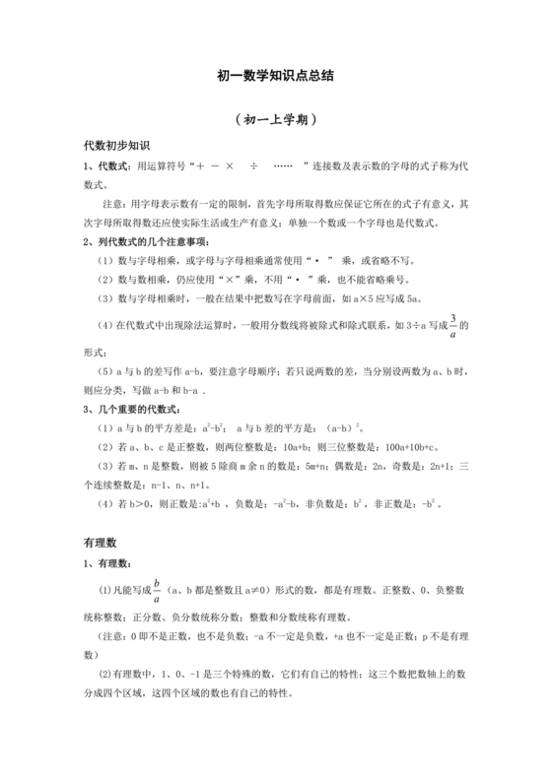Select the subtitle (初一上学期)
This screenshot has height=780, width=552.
(x=275, y=119)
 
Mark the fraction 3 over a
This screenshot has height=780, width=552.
(x=453, y=326)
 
